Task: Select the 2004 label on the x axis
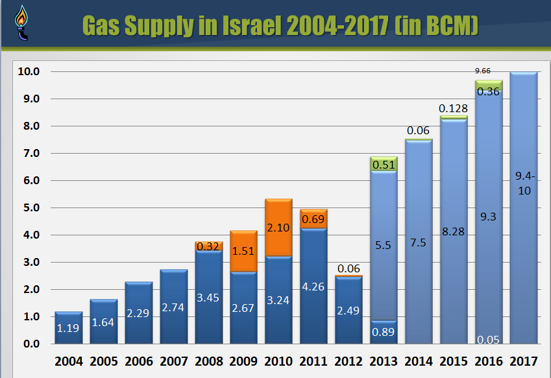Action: point(69,360)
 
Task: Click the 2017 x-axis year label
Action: point(523,360)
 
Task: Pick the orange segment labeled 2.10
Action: point(278,228)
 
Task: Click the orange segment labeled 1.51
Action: point(243,251)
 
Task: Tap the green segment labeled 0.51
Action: point(383,164)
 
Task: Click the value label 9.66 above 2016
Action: point(482,70)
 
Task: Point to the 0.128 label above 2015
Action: point(453,108)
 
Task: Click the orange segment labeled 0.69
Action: point(313,219)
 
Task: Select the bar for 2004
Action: point(68,327)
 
